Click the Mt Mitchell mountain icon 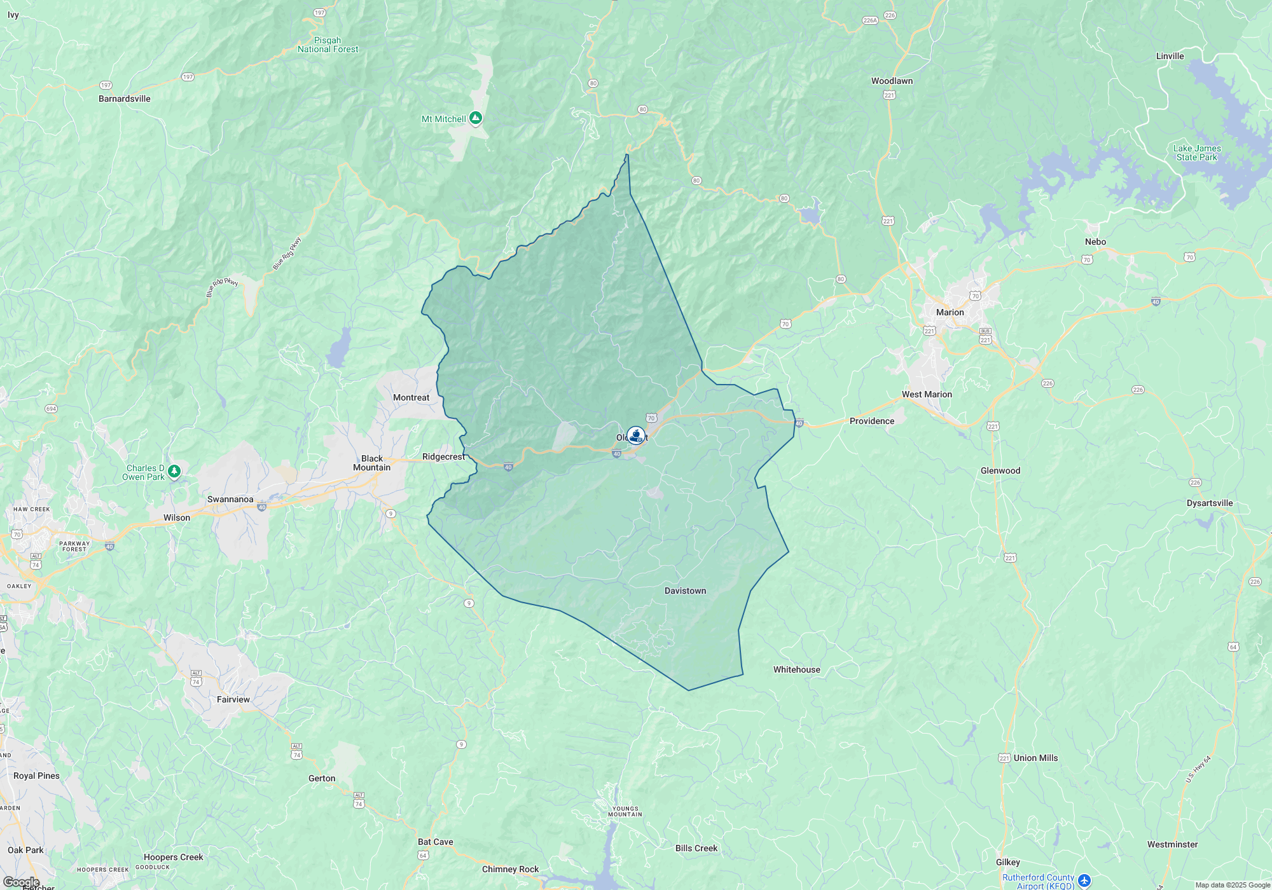click(476, 118)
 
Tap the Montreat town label click(411, 398)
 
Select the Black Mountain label click(372, 463)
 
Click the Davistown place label click(685, 591)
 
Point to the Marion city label click(950, 313)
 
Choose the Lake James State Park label click(1197, 153)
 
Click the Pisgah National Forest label click(328, 45)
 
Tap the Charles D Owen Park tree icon click(174, 471)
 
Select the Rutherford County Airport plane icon click(1084, 880)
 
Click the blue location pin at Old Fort click(635, 435)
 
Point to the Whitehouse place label click(796, 670)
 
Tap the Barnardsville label click(125, 99)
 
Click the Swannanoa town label click(230, 500)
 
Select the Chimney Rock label click(510, 870)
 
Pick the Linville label click(1170, 57)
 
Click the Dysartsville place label click(1209, 503)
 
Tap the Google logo click(21, 882)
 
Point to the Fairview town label click(233, 700)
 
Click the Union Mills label click(1035, 758)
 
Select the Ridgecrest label click(443, 457)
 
